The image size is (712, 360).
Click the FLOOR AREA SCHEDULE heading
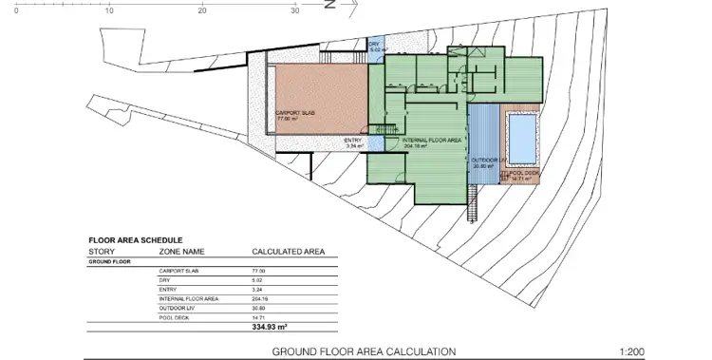136,240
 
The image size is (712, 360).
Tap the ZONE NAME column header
181,252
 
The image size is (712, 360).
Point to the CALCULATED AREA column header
288,252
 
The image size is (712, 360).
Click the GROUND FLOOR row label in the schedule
110,261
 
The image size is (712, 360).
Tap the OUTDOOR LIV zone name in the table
175,307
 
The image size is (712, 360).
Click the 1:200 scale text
632,351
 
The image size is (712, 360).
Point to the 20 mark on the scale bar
202,10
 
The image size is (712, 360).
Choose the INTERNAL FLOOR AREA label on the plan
439,141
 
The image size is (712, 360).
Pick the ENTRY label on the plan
352,141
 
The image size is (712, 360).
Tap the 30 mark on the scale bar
295,10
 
